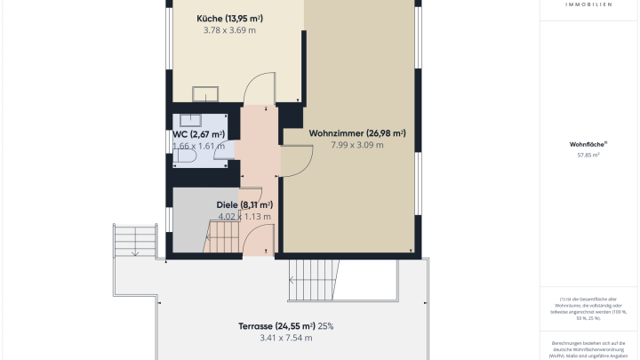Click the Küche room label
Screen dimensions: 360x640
229,18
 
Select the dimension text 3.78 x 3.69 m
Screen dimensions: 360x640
229,30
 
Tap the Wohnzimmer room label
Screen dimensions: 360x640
357,133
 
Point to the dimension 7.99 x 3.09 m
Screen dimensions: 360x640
357,145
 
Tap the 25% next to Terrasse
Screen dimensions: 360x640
325,325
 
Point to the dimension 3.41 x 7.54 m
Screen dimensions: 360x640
286,338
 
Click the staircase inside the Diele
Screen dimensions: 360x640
222,238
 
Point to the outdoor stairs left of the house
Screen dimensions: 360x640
134,240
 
